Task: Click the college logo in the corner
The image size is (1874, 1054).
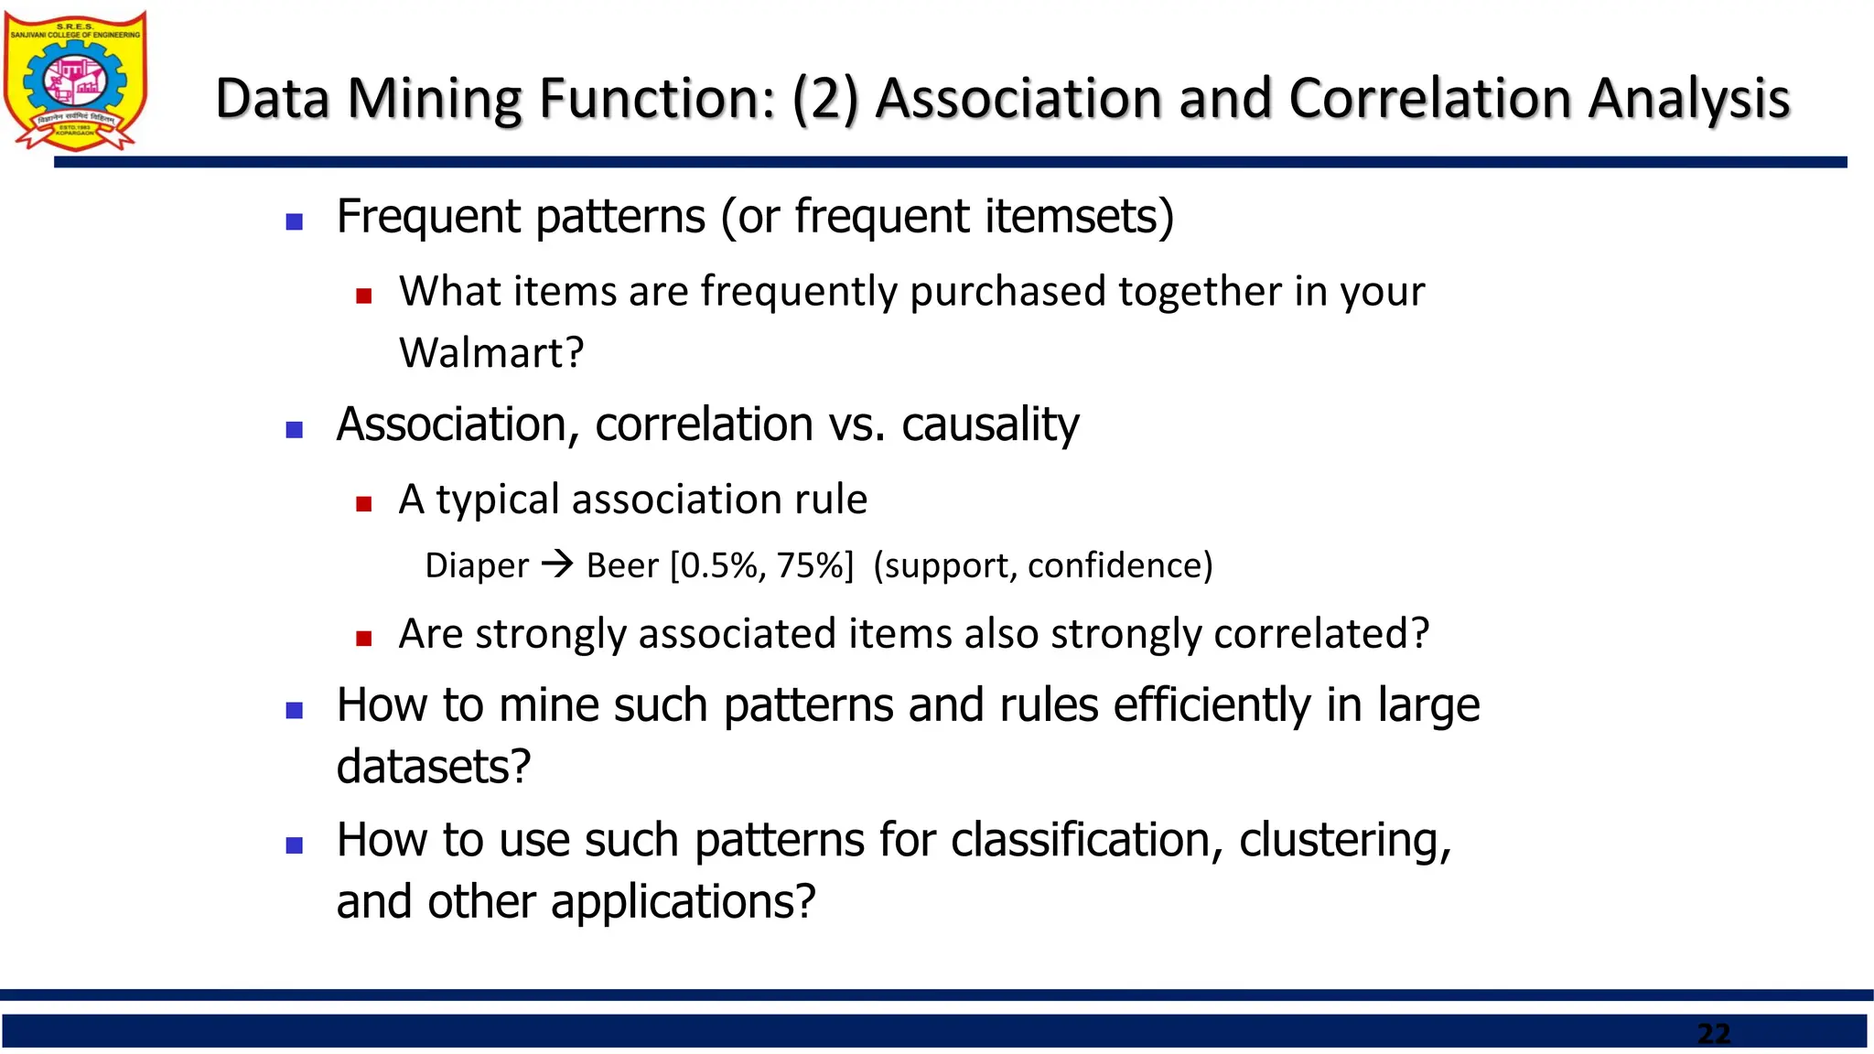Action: (x=75, y=81)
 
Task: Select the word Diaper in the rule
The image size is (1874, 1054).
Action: (x=477, y=566)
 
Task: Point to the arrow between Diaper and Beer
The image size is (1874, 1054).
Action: (x=557, y=564)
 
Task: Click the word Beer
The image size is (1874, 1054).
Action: (x=622, y=566)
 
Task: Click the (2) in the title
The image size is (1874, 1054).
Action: (x=825, y=99)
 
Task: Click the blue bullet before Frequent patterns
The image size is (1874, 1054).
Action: (x=295, y=221)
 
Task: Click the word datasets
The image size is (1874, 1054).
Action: (x=433, y=767)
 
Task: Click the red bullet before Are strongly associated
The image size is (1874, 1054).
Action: (x=364, y=639)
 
